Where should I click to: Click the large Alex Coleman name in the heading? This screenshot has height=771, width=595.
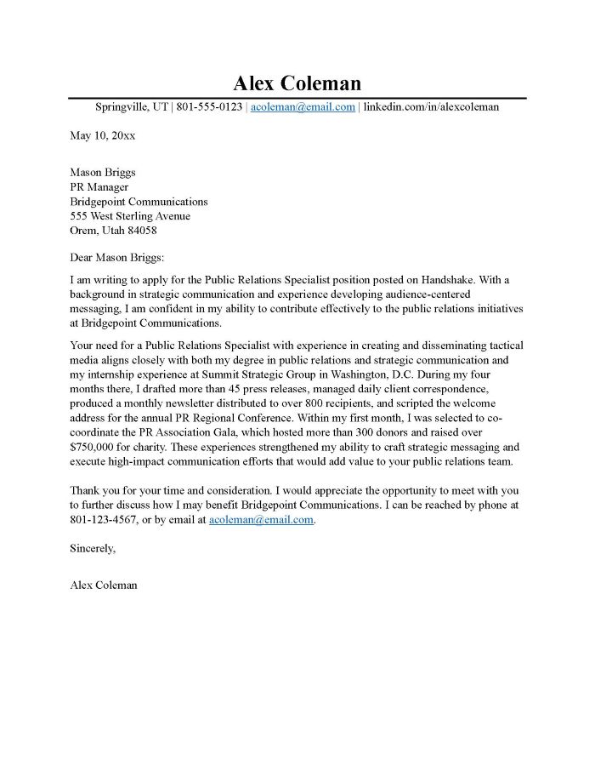tap(297, 83)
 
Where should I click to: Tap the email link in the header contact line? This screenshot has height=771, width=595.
tap(303, 107)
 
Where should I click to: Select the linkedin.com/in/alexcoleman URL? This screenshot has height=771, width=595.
tap(431, 107)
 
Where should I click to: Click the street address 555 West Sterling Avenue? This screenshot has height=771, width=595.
tap(130, 216)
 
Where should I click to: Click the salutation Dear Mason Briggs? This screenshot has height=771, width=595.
tap(116, 258)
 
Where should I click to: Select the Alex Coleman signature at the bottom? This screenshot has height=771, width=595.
tap(103, 585)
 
